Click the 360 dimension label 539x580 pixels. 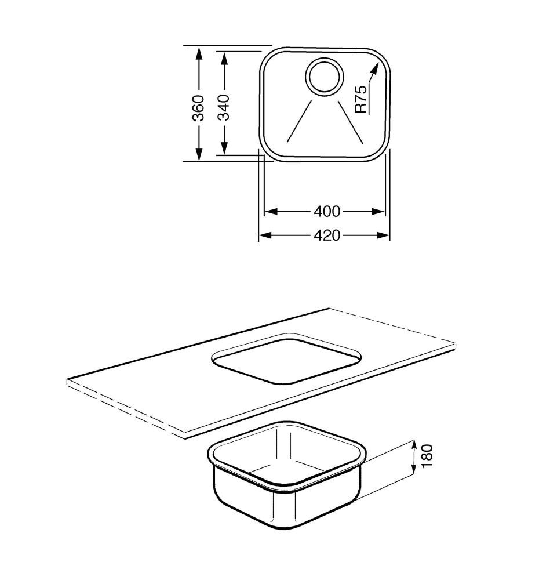pyautogui.click(x=199, y=108)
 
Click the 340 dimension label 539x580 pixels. pyautogui.click(x=224, y=107)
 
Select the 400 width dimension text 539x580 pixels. pyautogui.click(x=327, y=211)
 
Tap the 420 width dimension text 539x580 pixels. pyautogui.click(x=327, y=235)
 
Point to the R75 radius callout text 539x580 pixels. pyautogui.click(x=361, y=99)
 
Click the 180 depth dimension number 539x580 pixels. pyautogui.click(x=427, y=456)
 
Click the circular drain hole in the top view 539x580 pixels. pyautogui.click(x=325, y=77)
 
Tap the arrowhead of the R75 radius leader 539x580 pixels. pyautogui.click(x=375, y=68)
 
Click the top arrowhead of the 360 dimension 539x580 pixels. pyautogui.click(x=199, y=53)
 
